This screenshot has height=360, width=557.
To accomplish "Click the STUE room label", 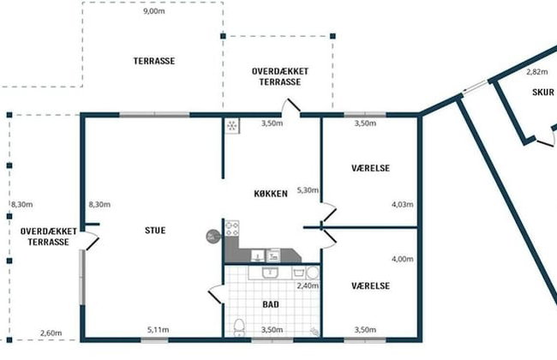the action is click(x=155, y=231).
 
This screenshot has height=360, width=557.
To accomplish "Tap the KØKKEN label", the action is click(x=271, y=194).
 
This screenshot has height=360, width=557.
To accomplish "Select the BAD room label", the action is click(x=271, y=304).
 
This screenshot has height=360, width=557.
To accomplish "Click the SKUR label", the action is click(x=543, y=93).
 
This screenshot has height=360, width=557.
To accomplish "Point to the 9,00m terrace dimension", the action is click(x=153, y=11).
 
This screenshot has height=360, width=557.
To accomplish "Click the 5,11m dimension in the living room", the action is click(x=158, y=330).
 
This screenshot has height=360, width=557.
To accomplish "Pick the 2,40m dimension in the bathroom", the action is click(x=308, y=285).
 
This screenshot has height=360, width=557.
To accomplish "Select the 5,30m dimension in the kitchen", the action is click(x=308, y=190).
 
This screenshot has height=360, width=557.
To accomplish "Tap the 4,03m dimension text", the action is click(x=403, y=204).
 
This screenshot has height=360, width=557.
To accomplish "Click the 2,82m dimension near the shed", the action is click(x=536, y=72).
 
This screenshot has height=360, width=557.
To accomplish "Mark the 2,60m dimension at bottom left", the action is click(x=51, y=333).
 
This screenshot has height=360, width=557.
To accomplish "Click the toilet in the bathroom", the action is click(x=239, y=327).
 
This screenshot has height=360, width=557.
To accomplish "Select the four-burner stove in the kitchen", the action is click(x=232, y=228).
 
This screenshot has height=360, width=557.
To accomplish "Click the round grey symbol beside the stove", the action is click(x=212, y=237).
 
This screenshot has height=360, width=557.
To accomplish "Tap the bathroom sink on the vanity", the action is click(x=270, y=273).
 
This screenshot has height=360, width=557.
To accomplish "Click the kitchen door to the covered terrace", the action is click(x=291, y=106).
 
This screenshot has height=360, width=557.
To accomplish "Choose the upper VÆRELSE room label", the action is click(x=370, y=168).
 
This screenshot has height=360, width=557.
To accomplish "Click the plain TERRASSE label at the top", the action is click(x=153, y=61).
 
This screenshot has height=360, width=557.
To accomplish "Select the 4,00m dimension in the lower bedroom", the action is click(x=403, y=259).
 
